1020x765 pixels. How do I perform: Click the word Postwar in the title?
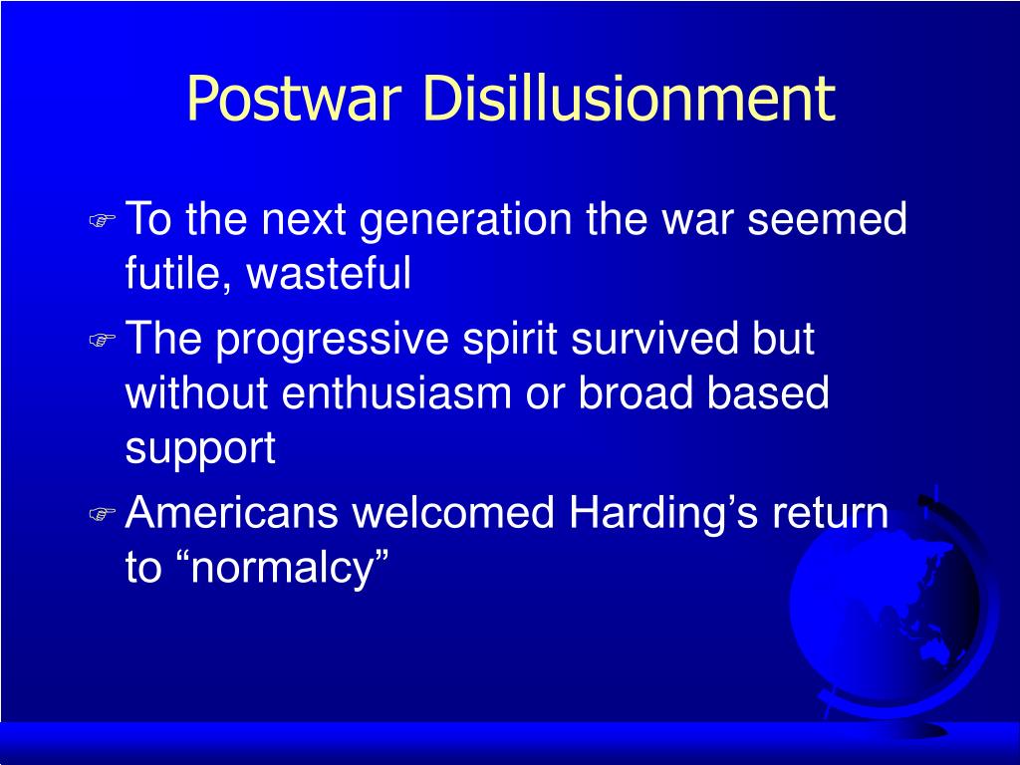pyautogui.click(x=294, y=99)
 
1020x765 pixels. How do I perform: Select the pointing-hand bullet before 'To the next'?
pyautogui.click(x=103, y=220)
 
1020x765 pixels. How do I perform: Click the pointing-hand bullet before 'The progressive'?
pyautogui.click(x=103, y=340)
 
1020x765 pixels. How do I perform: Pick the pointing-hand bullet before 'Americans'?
pyautogui.click(x=103, y=515)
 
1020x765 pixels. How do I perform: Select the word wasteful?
pyautogui.click(x=329, y=272)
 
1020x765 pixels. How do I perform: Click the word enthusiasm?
pyautogui.click(x=396, y=392)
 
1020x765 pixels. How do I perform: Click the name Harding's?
pyautogui.click(x=663, y=515)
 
